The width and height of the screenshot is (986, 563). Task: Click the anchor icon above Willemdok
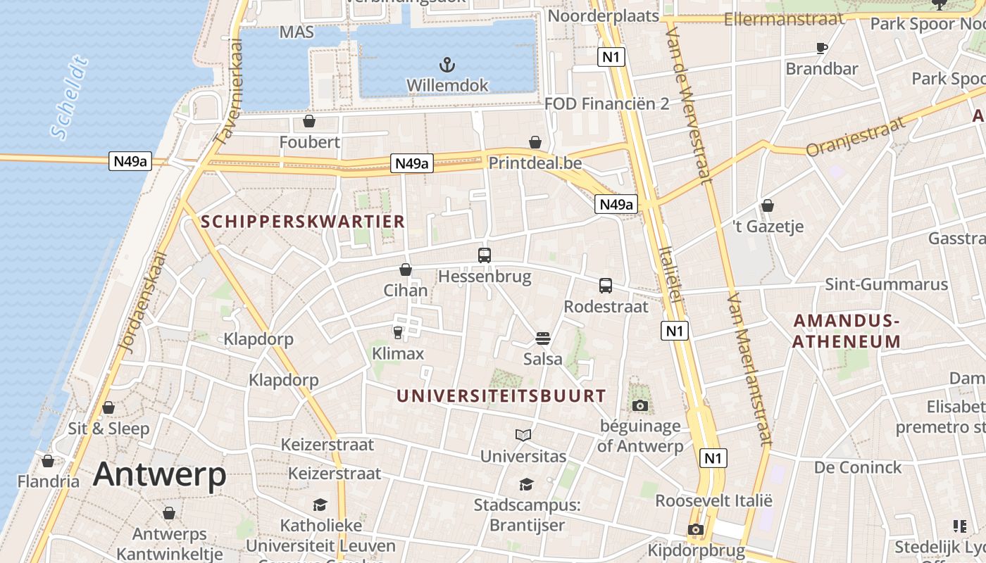[x=447, y=65]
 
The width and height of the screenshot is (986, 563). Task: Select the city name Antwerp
[x=160, y=474]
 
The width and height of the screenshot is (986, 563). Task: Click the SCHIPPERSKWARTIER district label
[x=303, y=222]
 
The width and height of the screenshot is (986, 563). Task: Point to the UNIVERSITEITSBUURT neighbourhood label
[x=501, y=396]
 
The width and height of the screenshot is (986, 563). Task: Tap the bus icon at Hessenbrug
[x=485, y=255]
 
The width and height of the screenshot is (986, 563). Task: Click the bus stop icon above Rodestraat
[x=606, y=286]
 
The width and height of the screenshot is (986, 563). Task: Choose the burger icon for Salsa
[x=542, y=339]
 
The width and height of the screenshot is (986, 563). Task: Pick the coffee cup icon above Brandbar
[x=821, y=49]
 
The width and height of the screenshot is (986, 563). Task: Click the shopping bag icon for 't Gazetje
[x=768, y=205]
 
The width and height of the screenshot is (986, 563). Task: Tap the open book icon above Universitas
[x=523, y=436]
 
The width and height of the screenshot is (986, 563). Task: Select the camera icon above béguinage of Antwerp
[x=640, y=405]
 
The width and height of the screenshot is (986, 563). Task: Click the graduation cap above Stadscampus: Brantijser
[x=526, y=484]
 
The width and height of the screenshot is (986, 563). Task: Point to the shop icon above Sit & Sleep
[x=108, y=407]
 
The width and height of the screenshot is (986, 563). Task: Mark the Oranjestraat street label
[x=854, y=137]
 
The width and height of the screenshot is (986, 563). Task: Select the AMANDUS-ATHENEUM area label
[x=847, y=331]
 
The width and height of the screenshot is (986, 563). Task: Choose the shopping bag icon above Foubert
[x=308, y=122]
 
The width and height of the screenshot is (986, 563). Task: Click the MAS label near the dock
[x=297, y=32]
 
